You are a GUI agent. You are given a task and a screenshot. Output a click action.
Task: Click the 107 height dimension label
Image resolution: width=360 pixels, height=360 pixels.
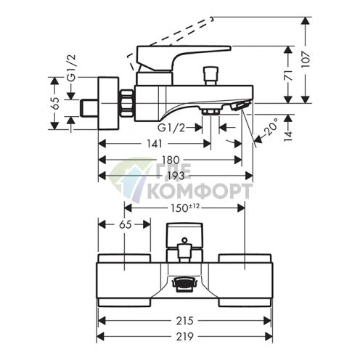[x=306, y=60]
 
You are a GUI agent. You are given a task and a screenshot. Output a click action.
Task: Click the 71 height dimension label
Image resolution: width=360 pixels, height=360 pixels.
[x=288, y=75]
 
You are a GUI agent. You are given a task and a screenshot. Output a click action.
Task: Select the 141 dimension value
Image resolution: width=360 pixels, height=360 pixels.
[x=155, y=144]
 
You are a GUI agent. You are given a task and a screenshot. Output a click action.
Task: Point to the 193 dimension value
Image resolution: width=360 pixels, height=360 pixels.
[x=175, y=176]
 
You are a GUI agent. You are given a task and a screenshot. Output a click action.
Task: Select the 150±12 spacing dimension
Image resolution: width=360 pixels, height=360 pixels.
[x=185, y=208]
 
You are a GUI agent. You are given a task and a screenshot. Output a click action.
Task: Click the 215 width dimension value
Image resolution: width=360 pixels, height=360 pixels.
[x=184, y=321]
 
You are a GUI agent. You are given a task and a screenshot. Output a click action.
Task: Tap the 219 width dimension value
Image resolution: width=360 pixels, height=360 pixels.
[x=184, y=337]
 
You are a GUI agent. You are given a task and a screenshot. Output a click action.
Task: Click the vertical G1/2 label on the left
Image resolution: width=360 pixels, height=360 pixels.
[x=71, y=68]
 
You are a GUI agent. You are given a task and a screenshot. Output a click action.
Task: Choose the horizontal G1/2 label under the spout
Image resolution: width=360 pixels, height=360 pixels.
[x=171, y=128]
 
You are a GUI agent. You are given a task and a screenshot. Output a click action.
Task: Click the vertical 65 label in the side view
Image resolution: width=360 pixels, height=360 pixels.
[x=55, y=103]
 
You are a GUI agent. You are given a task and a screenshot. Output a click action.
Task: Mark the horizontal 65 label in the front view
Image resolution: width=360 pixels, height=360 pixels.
[x=126, y=225]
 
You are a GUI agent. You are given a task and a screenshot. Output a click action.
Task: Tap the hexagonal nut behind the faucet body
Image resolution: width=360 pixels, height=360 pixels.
[x=126, y=103]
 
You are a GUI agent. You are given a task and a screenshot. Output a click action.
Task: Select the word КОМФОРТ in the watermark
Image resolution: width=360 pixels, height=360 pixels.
[x=200, y=191]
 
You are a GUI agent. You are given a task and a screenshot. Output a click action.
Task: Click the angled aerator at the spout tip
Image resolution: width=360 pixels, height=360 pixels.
[x=240, y=106]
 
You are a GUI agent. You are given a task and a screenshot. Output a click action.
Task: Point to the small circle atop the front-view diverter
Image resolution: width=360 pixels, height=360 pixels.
[x=184, y=240]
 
